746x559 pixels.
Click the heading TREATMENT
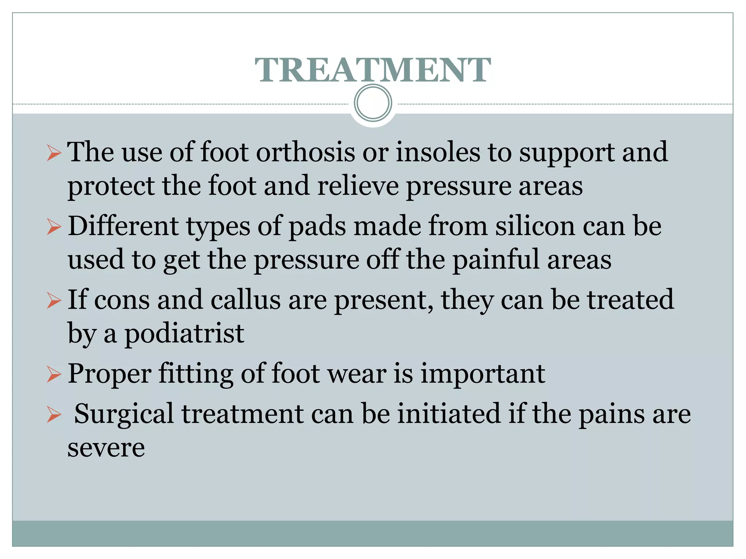tap(373, 70)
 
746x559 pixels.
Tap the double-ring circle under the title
tap(373, 103)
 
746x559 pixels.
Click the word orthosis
tap(305, 152)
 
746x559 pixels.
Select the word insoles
tap(438, 152)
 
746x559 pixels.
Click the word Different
tap(123, 226)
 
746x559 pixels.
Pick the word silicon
tap(535, 226)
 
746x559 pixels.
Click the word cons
tap(122, 300)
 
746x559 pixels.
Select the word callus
tap(246, 300)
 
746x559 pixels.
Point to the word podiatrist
tap(184, 334)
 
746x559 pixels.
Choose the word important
tap(483, 374)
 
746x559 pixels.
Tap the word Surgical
tap(124, 415)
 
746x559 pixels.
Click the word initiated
tap(449, 414)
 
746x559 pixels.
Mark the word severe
tap(106, 448)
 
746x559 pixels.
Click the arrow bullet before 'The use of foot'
tap(54, 153)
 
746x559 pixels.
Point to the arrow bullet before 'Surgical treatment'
tap(54, 415)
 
